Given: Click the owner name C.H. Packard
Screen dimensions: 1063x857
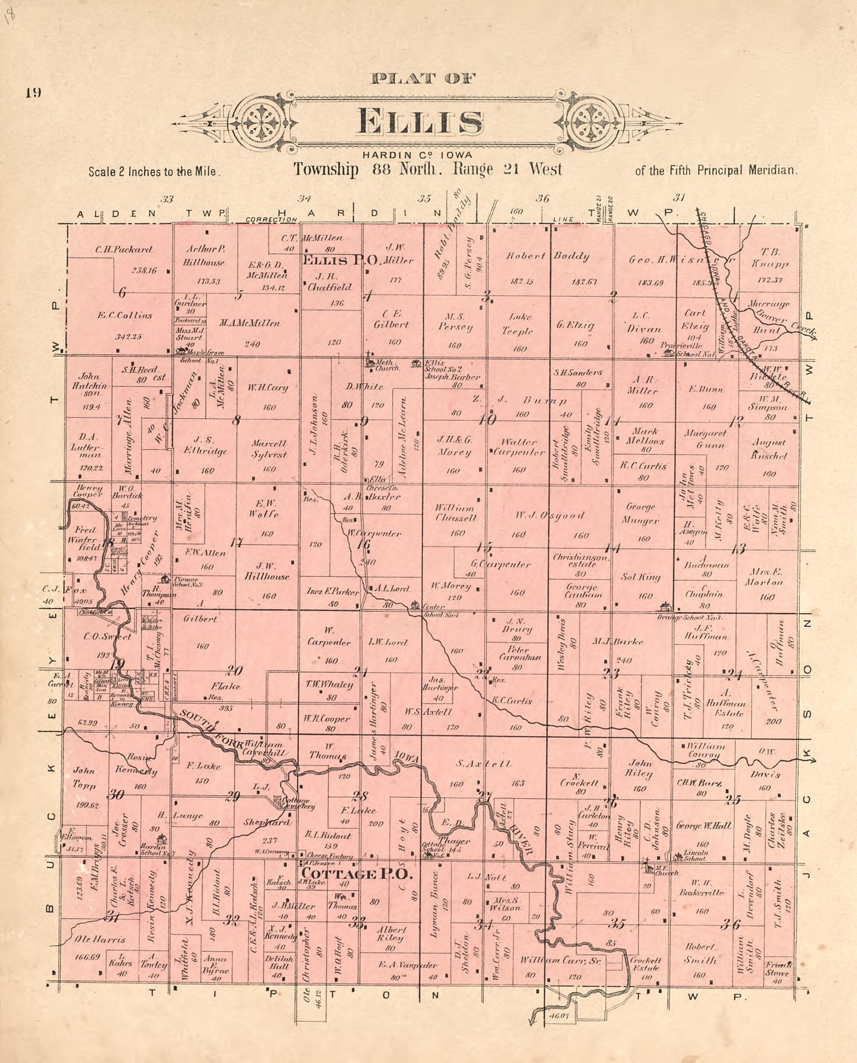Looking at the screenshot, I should pyautogui.click(x=124, y=250).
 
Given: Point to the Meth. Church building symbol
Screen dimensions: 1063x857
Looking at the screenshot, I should pyautogui.click(x=369, y=362).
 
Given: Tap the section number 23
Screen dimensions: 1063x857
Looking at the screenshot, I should pyautogui.click(x=611, y=674).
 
